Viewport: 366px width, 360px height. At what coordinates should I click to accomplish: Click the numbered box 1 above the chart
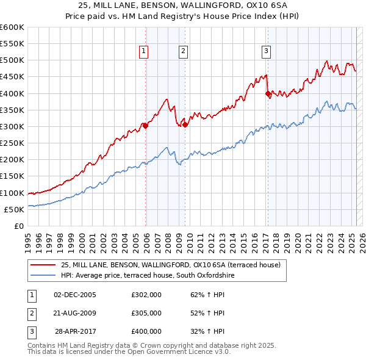point(143,52)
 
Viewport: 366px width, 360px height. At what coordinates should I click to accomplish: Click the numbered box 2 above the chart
point(183,52)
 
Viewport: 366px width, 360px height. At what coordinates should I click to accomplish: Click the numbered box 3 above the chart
point(267,52)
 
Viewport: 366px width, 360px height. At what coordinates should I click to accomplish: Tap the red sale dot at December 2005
point(145,126)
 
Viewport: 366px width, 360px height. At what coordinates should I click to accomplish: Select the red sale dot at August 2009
point(185,125)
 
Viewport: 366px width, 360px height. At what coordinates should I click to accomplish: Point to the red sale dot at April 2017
point(268,94)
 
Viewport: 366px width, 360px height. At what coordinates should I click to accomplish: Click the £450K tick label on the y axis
point(13,77)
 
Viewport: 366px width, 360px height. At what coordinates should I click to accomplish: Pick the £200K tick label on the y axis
point(13,160)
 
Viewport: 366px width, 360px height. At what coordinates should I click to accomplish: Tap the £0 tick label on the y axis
point(18,226)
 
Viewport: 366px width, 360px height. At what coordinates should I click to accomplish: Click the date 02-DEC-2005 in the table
point(75,295)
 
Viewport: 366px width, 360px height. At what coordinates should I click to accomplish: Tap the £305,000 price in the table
point(146,313)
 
